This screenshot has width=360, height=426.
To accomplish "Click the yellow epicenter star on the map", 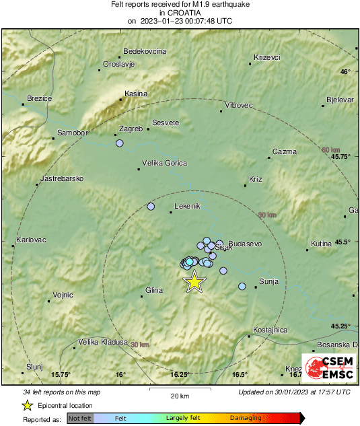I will pyautogui.click(x=194, y=281).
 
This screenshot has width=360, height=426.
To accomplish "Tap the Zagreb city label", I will pyautogui.click(x=130, y=129).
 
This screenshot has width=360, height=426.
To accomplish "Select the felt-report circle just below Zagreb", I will pyautogui.click(x=120, y=143).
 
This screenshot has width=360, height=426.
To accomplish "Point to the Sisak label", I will pyautogui.click(x=223, y=248).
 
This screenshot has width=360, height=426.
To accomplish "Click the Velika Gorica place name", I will pyautogui.click(x=164, y=163).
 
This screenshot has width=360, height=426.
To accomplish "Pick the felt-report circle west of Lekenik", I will pyautogui.click(x=151, y=207).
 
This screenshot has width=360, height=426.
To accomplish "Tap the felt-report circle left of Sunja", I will pyautogui.click(x=242, y=287).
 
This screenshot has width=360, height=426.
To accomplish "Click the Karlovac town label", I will pyautogui.click(x=30, y=240).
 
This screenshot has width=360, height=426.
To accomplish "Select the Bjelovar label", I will pyautogui.click(x=340, y=100).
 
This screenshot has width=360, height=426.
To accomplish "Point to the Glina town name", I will pyautogui.click(x=154, y=290).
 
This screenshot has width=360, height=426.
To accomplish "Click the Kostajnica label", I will pyautogui.click(x=271, y=330).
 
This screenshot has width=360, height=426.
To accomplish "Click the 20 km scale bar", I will pyautogui.click(x=178, y=390).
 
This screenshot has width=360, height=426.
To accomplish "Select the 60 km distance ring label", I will pyautogui.click(x=330, y=149).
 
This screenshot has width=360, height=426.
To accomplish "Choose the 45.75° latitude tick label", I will pyautogui.click(x=341, y=156).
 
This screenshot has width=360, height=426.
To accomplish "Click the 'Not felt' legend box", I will pyautogui.click(x=80, y=419).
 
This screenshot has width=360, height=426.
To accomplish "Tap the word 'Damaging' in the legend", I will pyautogui.click(x=246, y=419).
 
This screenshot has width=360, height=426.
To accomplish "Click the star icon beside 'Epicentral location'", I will pyautogui.click(x=28, y=405).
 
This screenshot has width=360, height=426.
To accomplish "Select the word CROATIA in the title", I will pyautogui.click(x=179, y=12).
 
